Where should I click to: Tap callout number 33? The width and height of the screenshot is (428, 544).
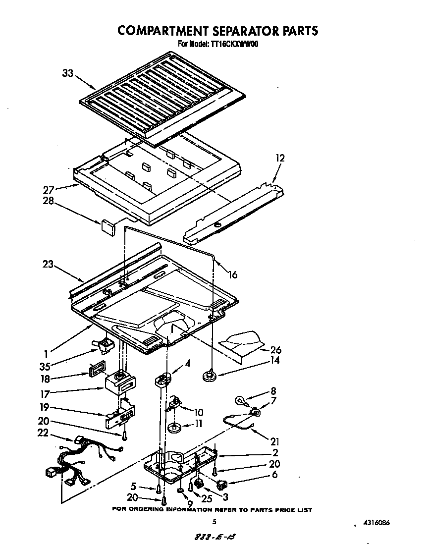coord(68,73)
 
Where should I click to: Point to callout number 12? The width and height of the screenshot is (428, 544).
coord(280,158)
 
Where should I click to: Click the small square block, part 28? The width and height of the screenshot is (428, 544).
coord(107,226)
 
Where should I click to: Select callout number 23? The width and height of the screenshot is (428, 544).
coord(48,265)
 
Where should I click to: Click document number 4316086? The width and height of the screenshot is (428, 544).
coord(382,522)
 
